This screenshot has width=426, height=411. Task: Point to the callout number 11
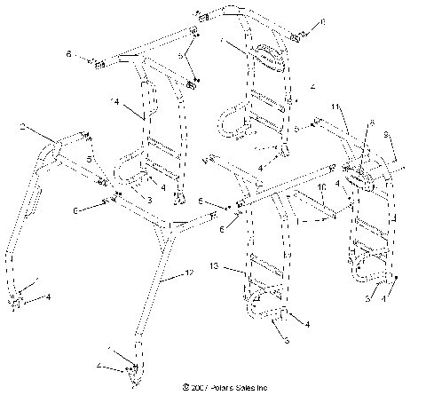(x=335, y=107)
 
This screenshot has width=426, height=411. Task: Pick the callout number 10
(x=322, y=189)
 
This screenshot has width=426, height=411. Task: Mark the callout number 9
(x=385, y=135)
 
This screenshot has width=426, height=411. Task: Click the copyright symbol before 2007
(x=185, y=387)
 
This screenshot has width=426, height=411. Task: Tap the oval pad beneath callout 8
(x=359, y=178)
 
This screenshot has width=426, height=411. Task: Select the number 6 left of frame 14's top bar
(x=68, y=55)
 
